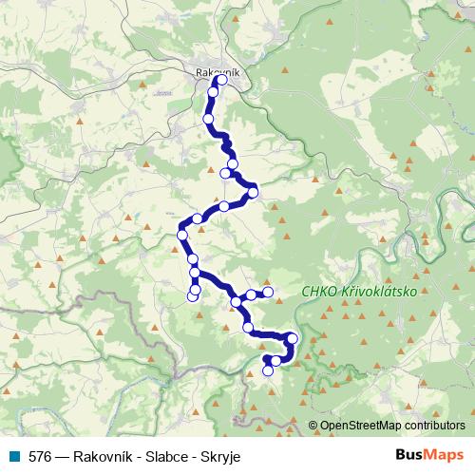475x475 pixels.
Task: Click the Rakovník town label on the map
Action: point(219,71)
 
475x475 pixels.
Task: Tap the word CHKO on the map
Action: point(315,293)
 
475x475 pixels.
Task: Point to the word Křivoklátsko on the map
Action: point(377,293)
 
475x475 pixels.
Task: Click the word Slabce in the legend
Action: point(172,456)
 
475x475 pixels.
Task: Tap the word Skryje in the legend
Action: point(220,456)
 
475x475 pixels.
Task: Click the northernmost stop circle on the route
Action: point(222,81)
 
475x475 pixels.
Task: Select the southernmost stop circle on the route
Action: point(268,370)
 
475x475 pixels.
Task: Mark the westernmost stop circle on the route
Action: point(181,235)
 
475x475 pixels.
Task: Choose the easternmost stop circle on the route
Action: point(293,339)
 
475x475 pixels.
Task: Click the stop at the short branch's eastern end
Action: point(268,292)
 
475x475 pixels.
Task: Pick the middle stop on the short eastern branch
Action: point(251,294)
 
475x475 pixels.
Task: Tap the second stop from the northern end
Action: point(215,92)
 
